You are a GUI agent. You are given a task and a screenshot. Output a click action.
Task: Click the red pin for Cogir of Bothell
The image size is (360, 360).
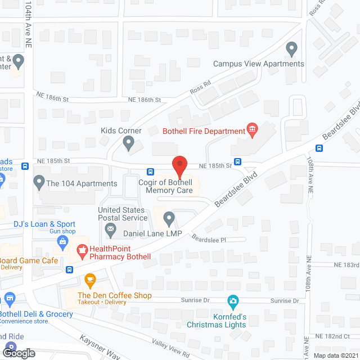pyautogui.click(x=179, y=166)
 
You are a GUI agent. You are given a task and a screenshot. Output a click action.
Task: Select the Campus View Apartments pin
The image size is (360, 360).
pyautogui.click(x=291, y=49)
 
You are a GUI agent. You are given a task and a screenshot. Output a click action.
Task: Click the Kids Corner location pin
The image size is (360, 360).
pyautogui.click(x=129, y=145)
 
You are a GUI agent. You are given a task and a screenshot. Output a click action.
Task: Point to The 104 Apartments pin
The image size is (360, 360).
pyautogui.click(x=39, y=182)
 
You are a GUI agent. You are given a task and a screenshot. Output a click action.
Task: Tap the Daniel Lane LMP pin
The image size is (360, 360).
pyautogui.click(x=169, y=218)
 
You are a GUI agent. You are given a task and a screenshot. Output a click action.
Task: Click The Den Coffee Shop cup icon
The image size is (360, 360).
pyautogui.click(x=89, y=279)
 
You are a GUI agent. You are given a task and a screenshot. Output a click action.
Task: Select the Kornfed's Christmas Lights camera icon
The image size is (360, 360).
pyautogui.click(x=233, y=302)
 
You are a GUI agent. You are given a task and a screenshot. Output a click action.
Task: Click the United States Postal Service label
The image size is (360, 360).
pyautogui.click(x=123, y=214)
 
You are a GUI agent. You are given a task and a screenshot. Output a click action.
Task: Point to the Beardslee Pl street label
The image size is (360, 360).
pyautogui.click(x=208, y=240)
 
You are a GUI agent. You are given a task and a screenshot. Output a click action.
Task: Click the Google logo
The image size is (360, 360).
pyautogui.click(x=19, y=353)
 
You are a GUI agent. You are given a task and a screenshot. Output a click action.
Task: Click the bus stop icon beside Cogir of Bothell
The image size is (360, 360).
pyautogui.click(x=151, y=172)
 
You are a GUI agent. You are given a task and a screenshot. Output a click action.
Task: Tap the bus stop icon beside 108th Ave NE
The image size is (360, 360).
pyautogui.click(x=319, y=148)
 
